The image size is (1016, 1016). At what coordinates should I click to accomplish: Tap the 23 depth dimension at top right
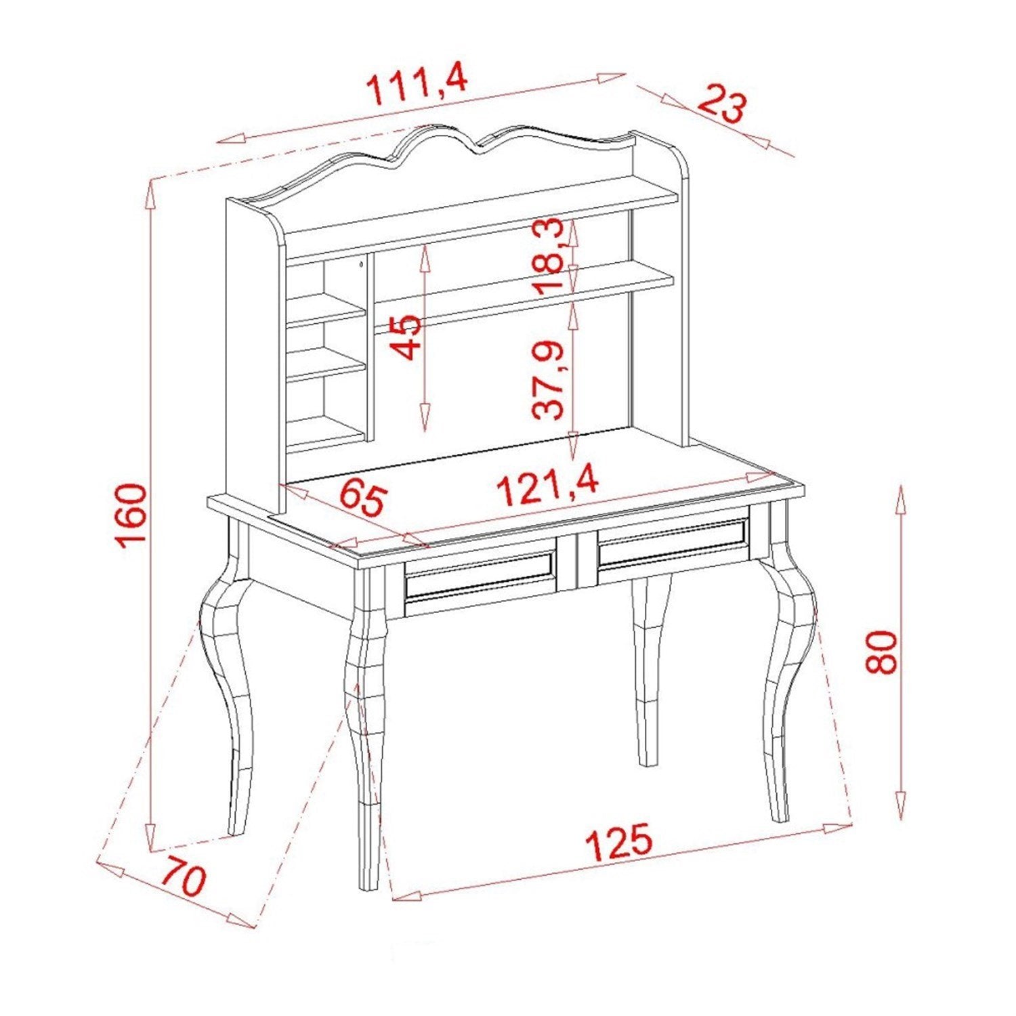coord(721,104)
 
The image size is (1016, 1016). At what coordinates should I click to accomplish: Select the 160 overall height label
coord(131,515)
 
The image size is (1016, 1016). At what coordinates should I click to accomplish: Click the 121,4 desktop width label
coord(548,486)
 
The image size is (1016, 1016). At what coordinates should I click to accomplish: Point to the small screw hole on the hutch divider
coord(362,264)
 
